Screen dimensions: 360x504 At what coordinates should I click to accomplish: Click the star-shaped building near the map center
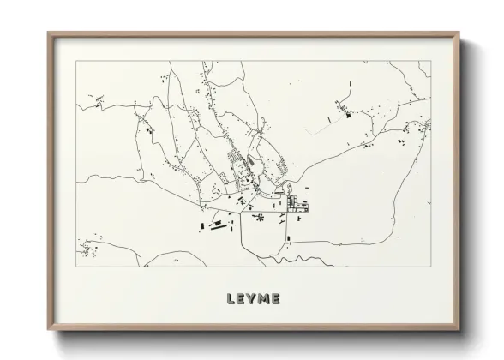[x=258, y=218]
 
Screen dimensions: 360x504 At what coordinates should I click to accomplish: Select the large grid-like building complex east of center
[x=299, y=204]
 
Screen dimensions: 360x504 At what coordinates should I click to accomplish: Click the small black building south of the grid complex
[x=299, y=219]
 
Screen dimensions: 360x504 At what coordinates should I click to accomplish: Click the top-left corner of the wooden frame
[x=49, y=33]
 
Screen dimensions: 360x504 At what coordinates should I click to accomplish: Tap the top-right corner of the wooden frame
[x=459, y=33]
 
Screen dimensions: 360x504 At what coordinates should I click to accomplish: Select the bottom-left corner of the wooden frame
[x=49, y=328]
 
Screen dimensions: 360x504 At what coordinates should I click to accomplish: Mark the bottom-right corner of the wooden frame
[x=459, y=328]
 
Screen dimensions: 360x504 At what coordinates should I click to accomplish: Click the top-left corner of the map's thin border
[x=76, y=61]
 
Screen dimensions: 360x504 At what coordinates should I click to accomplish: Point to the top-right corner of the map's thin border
[x=430, y=61]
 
